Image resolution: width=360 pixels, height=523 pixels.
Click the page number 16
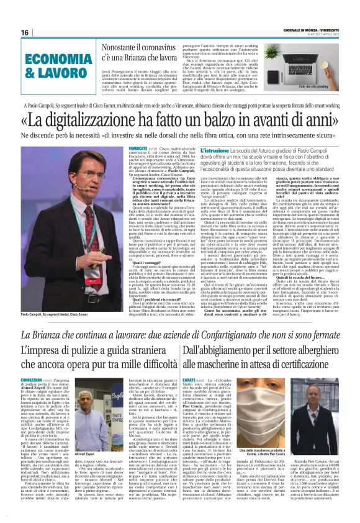pyautogui.click(x=24, y=32)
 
